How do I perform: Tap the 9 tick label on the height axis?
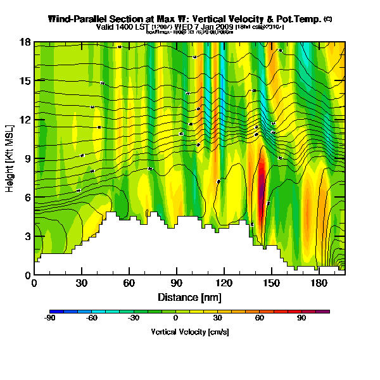[x=27, y=158]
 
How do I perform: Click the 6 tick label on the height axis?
[x=27, y=198]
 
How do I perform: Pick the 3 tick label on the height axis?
[x=27, y=236]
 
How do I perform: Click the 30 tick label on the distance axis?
[x=81, y=283]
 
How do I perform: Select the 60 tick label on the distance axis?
[x=129, y=283]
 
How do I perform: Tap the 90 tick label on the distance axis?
[x=176, y=283]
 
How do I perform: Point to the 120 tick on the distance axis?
[x=224, y=283]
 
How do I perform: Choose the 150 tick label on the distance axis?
[x=271, y=283]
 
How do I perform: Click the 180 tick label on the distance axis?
[x=319, y=283]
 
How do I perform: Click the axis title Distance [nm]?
[x=189, y=297]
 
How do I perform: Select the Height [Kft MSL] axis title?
[x=10, y=158]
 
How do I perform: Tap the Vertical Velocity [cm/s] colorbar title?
[x=189, y=332]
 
